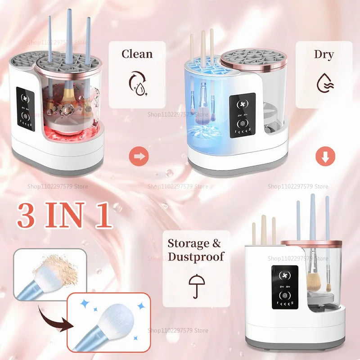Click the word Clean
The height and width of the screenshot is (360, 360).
137,54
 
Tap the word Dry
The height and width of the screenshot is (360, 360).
324,55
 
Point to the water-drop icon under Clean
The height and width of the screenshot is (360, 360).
137,83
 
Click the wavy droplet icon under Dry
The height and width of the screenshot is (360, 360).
324,83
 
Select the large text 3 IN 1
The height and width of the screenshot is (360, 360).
64,216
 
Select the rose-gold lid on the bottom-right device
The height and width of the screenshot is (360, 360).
311,243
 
